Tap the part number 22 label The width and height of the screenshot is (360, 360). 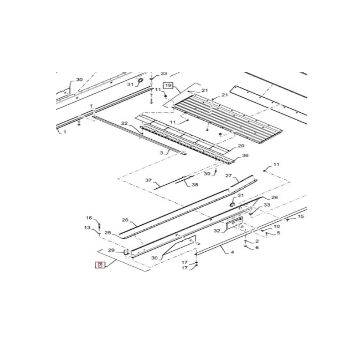125,123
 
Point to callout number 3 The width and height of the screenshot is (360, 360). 162,153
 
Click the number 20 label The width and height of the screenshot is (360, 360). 241,146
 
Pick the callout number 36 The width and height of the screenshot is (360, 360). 245,156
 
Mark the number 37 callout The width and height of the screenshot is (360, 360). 149,180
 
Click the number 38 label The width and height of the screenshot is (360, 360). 195,184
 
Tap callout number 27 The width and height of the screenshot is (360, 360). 228,176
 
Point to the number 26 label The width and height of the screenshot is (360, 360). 125,220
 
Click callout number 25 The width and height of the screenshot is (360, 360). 108,233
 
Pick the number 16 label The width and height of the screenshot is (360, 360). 89,218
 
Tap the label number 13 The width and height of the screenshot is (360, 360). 87,228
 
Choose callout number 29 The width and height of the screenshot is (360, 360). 111,250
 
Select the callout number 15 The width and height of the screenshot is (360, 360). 301,216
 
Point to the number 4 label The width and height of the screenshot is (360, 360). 232,252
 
